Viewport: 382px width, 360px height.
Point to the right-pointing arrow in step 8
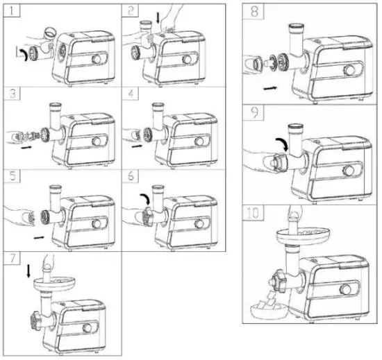pyautogui.click(x=272, y=88)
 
